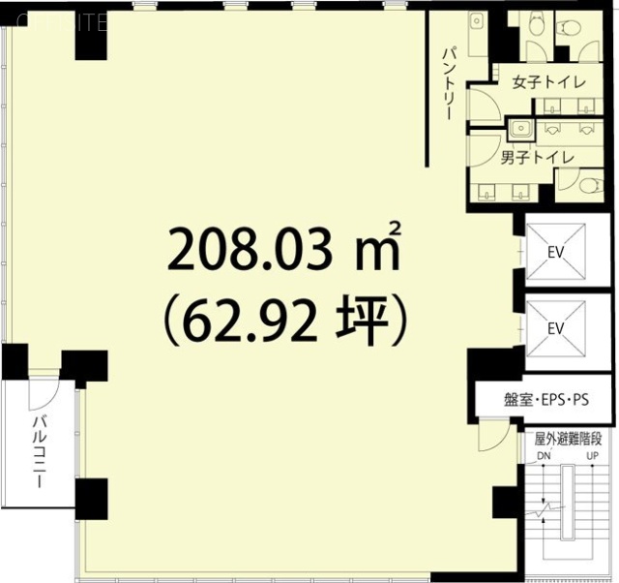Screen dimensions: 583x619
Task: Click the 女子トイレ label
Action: click(x=548, y=83)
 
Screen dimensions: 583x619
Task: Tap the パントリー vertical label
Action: click(x=449, y=82)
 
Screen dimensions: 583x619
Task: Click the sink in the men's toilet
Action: click(x=520, y=127)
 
